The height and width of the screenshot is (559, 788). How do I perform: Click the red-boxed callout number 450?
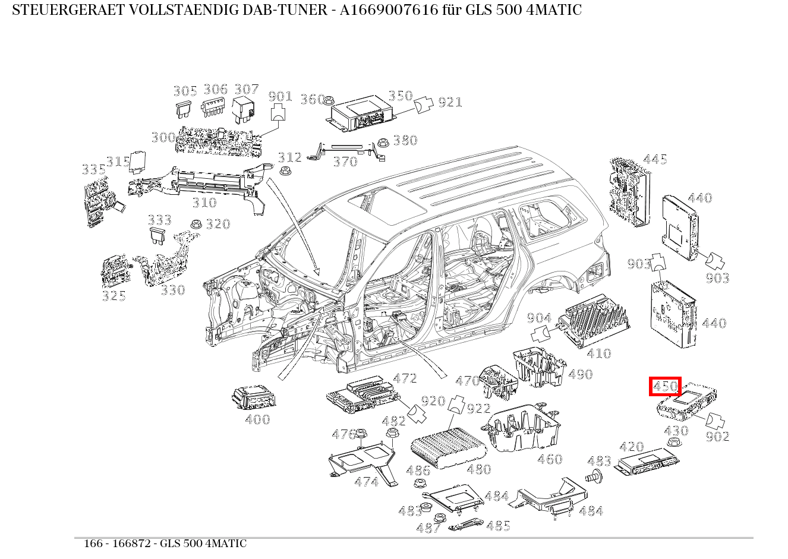pyautogui.click(x=665, y=387)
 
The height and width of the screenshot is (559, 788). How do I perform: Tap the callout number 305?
pyautogui.click(x=185, y=91)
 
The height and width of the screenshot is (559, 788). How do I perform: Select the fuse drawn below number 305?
pyautogui.click(x=182, y=109)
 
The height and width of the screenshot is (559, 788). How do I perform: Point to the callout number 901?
pyautogui.click(x=280, y=96)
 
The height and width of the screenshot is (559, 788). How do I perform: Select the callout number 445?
pyautogui.click(x=655, y=159)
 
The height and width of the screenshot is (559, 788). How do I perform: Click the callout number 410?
pyautogui.click(x=598, y=354)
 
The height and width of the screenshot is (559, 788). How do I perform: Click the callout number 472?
pyautogui.click(x=405, y=378)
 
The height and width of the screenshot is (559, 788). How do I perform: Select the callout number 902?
pyautogui.click(x=718, y=437)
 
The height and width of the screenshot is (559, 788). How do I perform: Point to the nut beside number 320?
pyautogui.click(x=194, y=225)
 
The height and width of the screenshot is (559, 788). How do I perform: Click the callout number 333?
pyautogui.click(x=159, y=220)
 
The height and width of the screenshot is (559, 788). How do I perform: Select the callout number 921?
pyautogui.click(x=450, y=102)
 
